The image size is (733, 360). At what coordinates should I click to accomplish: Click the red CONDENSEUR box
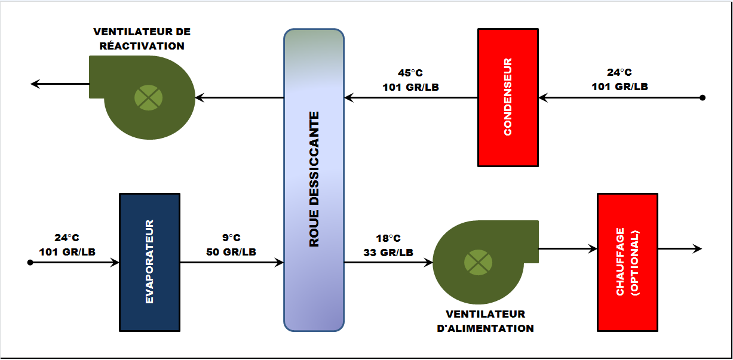(508, 97)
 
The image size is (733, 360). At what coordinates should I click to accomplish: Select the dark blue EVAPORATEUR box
(149, 261)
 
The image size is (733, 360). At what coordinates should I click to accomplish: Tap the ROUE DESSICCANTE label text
(314, 179)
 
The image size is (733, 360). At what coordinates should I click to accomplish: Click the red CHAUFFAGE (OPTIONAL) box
(627, 261)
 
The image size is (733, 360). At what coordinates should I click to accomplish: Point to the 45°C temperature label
(410, 73)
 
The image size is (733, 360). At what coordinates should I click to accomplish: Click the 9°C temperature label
(231, 238)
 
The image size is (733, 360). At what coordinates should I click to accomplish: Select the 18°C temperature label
(388, 238)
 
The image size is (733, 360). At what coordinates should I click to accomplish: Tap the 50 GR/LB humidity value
(231, 252)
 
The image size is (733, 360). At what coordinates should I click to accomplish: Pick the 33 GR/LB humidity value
(388, 252)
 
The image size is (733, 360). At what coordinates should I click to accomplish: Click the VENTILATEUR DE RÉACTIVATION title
(142, 39)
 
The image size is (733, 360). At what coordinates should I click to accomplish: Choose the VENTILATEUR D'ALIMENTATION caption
(486, 321)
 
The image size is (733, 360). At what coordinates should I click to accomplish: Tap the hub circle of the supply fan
(479, 261)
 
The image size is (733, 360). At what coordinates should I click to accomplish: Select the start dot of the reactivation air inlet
(703, 97)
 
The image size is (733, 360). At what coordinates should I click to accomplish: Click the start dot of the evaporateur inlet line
(30, 261)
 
